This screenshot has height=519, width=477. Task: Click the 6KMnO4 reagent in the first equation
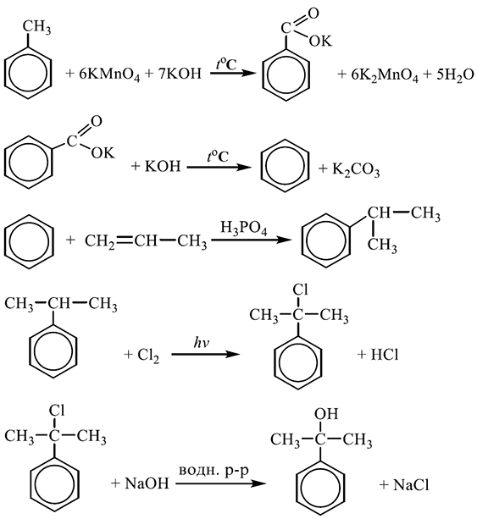[109, 75]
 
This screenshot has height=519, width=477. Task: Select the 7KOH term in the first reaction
[180, 74]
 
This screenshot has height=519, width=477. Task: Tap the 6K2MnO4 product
[385, 75]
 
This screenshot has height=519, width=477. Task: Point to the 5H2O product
[455, 75]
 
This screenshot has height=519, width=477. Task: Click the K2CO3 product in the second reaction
[356, 170]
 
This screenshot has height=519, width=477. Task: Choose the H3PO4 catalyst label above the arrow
[243, 229]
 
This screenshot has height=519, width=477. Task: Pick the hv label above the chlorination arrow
[202, 344]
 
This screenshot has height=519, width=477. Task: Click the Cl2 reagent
[147, 356]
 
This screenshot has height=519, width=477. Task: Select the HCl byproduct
[385, 355]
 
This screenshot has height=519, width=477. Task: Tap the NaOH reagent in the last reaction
[147, 484]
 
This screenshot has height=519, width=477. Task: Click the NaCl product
[411, 485]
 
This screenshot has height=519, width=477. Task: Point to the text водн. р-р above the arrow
[214, 471]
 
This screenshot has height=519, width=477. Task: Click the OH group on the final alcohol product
[326, 414]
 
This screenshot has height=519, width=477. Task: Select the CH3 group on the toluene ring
[36, 27]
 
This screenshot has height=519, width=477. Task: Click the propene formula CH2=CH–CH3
[146, 241]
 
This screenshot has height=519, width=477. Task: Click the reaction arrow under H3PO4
[251, 240]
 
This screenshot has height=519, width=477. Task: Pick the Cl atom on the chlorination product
[300, 290]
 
